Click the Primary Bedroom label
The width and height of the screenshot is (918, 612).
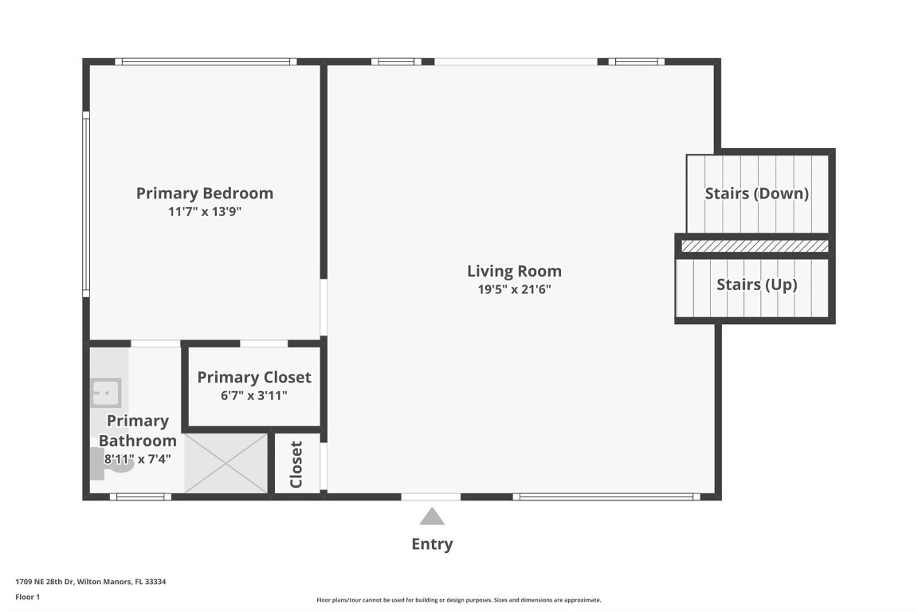[205, 193]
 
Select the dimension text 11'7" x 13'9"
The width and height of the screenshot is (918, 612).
[205, 212]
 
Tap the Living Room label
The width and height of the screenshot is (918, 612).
[514, 271]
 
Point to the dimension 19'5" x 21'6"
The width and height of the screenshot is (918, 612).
[514, 290]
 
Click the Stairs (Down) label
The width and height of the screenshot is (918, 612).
[756, 194]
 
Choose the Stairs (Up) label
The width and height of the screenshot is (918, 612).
[756, 284]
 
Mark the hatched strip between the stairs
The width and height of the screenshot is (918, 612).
[755, 246]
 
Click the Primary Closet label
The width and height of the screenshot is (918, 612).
[254, 377]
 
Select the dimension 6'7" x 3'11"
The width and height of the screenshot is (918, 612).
[254, 394]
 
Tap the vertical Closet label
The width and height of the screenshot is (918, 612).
[296, 465]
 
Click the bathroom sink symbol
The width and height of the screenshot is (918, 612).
[104, 392]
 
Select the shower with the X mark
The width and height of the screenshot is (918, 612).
[226, 463]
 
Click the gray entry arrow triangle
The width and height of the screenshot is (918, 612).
[432, 517]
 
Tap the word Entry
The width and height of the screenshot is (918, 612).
[432, 544]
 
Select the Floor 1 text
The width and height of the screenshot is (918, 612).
[27, 597]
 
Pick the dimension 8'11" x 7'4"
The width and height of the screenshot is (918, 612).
[137, 459]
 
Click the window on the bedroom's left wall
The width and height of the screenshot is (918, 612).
[86, 204]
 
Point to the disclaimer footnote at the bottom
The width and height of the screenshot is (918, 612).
[458, 600]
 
